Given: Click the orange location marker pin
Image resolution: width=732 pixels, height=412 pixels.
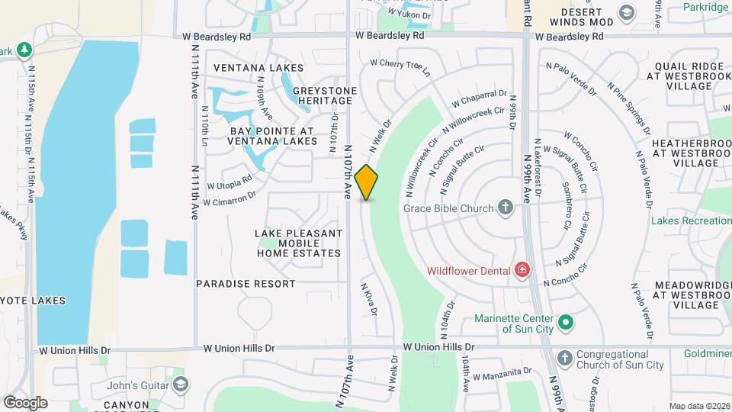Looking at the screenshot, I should [x=367, y=182].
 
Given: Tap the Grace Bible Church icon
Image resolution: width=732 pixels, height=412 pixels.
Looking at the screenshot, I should [x=505, y=207].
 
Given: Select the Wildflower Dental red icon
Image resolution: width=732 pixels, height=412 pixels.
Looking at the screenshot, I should [x=522, y=270].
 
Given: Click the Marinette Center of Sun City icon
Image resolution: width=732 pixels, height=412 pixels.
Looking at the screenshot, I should [x=565, y=323].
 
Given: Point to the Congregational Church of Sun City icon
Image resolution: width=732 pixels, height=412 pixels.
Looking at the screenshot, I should [x=565, y=358].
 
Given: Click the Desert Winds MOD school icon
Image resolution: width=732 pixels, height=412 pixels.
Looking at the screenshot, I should [x=627, y=12].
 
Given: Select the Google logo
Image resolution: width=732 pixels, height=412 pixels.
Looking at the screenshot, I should [x=25, y=402].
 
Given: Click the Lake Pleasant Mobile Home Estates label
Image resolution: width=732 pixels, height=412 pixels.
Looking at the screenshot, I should [x=299, y=243].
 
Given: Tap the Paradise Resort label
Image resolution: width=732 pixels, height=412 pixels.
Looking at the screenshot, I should [x=246, y=284].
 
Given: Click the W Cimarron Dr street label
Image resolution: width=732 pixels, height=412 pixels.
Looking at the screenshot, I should [x=229, y=198].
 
